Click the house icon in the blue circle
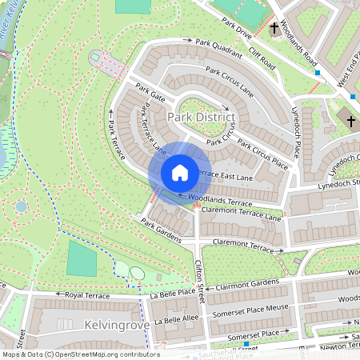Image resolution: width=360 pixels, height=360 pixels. click(x=180, y=172)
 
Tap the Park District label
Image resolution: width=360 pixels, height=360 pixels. click(x=202, y=118)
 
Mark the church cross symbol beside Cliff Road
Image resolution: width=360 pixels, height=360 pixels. click(x=275, y=29)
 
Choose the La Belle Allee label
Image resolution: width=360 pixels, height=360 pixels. click(x=176, y=318)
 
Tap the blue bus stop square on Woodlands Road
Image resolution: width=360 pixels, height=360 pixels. click(x=318, y=73)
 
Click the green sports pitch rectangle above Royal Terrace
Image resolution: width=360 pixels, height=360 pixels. click(x=82, y=258)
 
